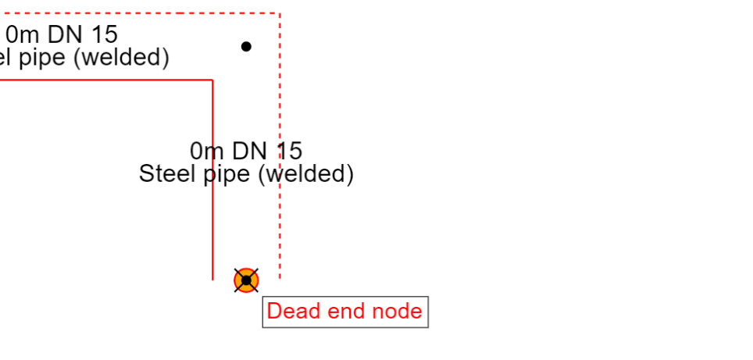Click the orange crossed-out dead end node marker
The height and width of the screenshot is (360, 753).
click(246, 280)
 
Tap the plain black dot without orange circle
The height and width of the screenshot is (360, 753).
click(246, 46)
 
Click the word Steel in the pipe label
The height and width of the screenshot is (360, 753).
click(168, 173)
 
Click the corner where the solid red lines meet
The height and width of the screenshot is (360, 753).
click(212, 80)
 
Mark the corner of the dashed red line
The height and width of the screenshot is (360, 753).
click(280, 13)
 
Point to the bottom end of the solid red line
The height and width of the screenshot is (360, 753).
click(212, 278)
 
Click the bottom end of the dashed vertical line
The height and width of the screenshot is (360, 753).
click(280, 277)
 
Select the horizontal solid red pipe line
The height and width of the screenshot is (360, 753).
click(102, 80)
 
